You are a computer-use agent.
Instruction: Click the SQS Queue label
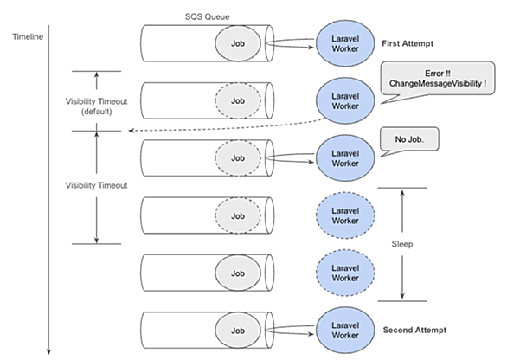click(208, 16)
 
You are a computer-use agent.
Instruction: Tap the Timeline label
click(28, 37)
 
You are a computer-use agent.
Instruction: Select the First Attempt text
click(408, 43)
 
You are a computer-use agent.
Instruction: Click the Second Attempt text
click(414, 330)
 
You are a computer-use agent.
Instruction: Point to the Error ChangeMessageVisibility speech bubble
click(438, 78)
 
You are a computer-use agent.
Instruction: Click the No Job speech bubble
click(409, 139)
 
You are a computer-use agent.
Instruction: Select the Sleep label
click(402, 244)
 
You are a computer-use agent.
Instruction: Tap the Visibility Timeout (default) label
click(96, 106)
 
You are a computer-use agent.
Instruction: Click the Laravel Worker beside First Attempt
click(345, 43)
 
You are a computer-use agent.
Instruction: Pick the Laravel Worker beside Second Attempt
click(345, 331)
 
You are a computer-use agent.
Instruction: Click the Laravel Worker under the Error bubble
click(345, 101)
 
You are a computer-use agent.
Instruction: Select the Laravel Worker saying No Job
click(345, 158)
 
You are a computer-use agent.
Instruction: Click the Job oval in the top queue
click(238, 43)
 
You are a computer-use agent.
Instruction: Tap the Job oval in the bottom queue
click(238, 331)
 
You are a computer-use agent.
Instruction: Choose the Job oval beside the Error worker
click(238, 100)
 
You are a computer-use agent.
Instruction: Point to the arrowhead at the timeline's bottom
click(48, 352)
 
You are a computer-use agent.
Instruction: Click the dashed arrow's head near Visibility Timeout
click(132, 131)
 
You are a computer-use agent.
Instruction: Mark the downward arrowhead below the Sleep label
click(402, 296)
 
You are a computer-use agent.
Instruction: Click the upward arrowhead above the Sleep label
click(402, 193)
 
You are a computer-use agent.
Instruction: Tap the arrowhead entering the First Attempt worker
click(311, 48)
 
